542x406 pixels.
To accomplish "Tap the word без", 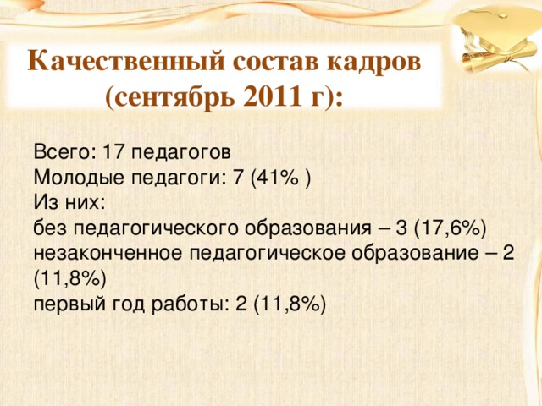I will tap(50, 228).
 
